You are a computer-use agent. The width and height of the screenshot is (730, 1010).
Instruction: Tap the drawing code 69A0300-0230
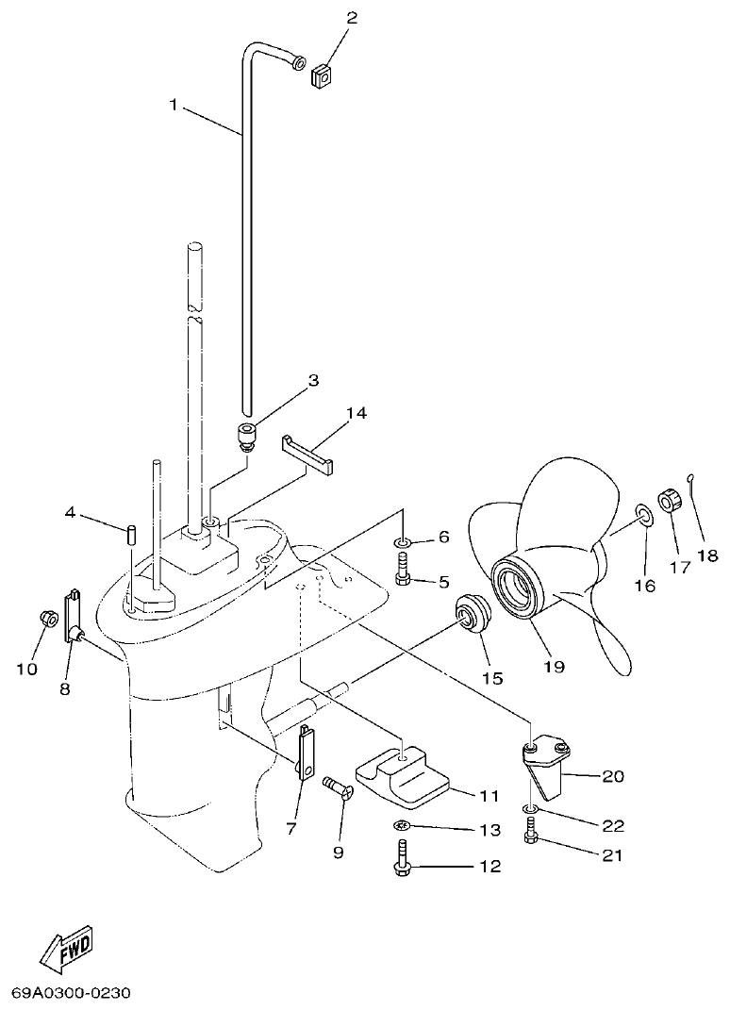(71, 993)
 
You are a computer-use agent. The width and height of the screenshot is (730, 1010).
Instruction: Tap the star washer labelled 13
(402, 826)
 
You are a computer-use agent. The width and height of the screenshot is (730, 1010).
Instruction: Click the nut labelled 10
(44, 620)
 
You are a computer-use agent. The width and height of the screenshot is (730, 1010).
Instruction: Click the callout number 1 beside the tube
(173, 106)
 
